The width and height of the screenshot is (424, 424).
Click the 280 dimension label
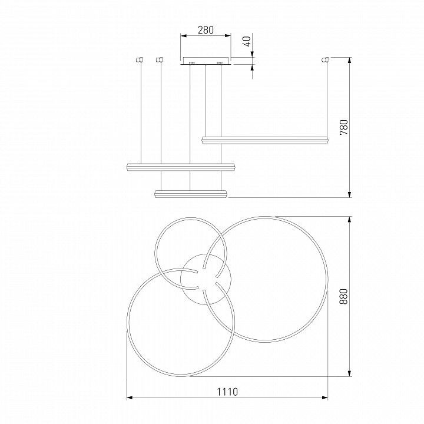[206, 30]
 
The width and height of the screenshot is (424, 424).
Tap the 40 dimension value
[247, 41]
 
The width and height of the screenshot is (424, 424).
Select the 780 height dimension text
[344, 127]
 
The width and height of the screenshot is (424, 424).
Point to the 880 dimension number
[343, 296]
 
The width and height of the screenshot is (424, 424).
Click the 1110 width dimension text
[227, 392]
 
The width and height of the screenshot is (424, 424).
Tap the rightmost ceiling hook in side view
[325, 59]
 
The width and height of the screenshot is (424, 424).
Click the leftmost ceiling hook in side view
[139, 59]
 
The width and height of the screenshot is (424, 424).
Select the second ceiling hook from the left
[159, 59]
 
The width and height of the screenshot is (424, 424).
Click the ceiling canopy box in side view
[206, 61]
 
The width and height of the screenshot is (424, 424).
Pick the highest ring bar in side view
[265, 140]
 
